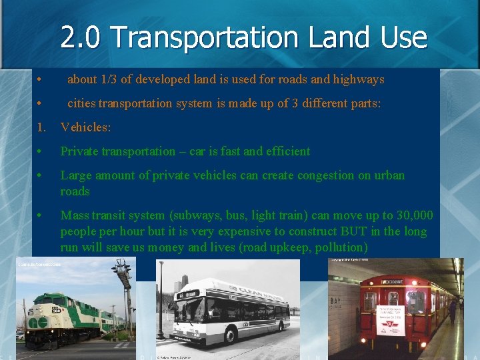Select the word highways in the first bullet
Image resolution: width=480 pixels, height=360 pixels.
click(x=359, y=79)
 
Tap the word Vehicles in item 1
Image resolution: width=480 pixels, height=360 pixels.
click(x=85, y=127)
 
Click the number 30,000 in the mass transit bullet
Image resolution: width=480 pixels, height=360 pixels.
click(x=413, y=215)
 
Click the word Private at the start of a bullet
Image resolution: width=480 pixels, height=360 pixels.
click(x=79, y=151)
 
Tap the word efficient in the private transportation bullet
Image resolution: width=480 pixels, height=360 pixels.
click(x=287, y=151)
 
